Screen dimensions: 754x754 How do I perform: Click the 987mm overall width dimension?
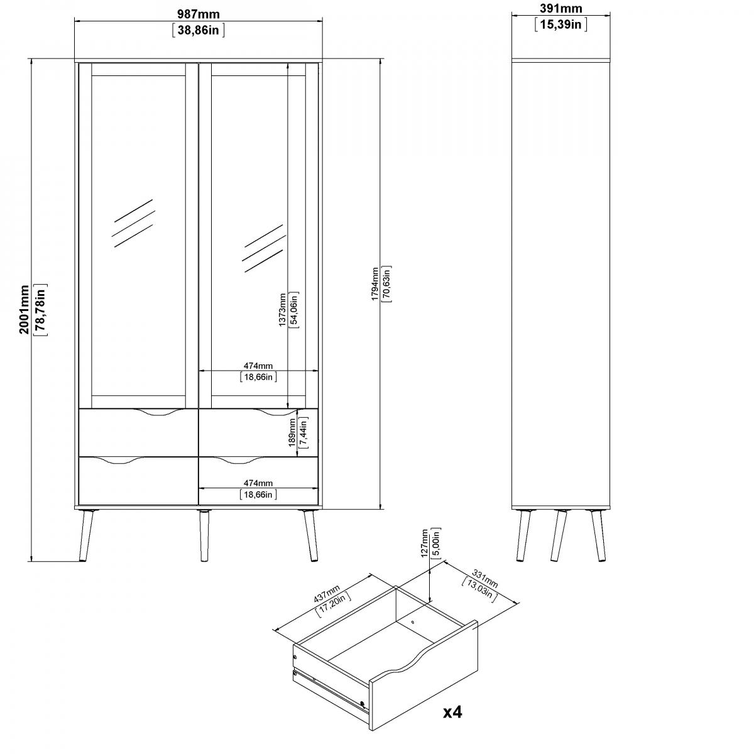[199, 14]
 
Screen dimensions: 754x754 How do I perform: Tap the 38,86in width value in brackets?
[198, 30]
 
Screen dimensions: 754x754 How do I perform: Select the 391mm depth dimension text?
[560, 8]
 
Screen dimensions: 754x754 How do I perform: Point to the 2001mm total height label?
[25, 310]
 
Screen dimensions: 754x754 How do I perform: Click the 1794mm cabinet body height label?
[374, 283]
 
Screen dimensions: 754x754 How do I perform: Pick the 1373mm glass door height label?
[282, 310]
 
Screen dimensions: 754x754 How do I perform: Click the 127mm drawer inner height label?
[424, 544]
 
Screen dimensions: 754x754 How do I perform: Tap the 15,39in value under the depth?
[560, 25]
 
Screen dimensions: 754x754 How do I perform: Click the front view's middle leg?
[204, 536]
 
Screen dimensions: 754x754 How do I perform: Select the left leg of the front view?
[86, 536]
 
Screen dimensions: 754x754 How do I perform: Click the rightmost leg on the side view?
[598, 536]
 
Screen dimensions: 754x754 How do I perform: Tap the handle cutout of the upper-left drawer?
[158, 412]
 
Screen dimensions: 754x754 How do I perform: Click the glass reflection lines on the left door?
[133, 223]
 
